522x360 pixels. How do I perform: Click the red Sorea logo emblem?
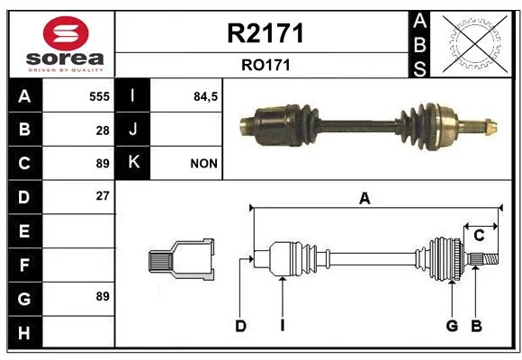point(66,33)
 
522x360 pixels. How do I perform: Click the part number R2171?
point(265,33)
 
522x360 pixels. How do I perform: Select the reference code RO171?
point(265,65)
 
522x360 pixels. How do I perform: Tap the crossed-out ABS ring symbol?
point(475,44)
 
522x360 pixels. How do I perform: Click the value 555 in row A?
point(99,96)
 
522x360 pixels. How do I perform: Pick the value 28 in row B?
point(103,130)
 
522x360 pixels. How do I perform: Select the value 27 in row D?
point(103,196)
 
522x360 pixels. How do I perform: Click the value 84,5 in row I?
point(205,96)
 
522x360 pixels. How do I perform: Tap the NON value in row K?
point(203,164)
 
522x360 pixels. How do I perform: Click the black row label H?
point(25,332)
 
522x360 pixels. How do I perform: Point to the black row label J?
point(132,130)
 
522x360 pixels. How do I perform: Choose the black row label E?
point(25,230)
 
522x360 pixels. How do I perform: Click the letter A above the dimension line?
point(364,198)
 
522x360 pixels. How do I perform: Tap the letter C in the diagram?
point(479,236)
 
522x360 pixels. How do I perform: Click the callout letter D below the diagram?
point(240,326)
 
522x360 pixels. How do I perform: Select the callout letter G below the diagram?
point(452,326)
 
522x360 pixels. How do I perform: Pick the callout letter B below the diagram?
point(476,326)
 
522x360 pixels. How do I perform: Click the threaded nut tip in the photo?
point(491,127)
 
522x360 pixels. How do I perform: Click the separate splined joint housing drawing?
point(181,259)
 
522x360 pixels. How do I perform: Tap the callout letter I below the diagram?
point(283,326)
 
